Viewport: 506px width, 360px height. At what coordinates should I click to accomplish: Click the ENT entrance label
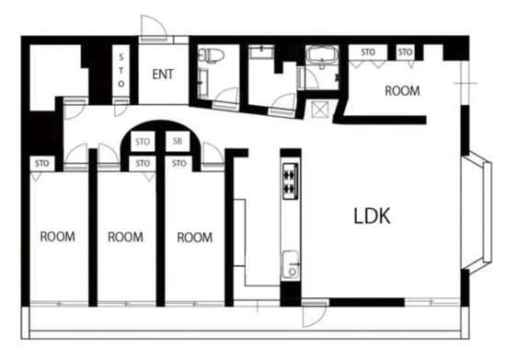pos(163,75)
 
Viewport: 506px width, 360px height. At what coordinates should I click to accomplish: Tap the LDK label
pos(372,216)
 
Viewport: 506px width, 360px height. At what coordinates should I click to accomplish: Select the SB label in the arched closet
pos(178,141)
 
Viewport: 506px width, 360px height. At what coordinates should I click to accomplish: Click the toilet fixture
pos(212,55)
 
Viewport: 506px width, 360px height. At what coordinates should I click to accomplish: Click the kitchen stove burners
pos(290,181)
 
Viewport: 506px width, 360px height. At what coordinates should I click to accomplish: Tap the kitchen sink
pos(291,264)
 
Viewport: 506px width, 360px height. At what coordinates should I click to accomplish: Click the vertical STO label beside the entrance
pos(121,71)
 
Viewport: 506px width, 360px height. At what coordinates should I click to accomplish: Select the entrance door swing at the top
pos(154,29)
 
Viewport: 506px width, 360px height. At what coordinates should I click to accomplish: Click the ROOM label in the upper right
pos(402,91)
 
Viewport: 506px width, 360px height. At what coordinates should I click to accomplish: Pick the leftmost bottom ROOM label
pos(57,237)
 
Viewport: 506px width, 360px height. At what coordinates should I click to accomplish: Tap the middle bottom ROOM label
pos(125,237)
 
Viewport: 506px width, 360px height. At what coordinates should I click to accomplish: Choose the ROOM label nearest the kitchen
pos(195,238)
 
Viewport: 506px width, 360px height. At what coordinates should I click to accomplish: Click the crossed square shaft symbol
pos(319,110)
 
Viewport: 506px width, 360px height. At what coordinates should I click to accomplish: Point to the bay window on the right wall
pos(477,213)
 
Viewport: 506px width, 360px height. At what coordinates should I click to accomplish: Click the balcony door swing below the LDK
pos(315,315)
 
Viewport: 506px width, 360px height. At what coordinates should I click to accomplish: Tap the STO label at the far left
pos(42,163)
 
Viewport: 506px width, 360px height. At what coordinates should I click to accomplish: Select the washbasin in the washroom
pos(260,52)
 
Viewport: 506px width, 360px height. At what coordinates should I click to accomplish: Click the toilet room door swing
pos(226,97)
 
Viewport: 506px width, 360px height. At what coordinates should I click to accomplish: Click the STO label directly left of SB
pos(143,142)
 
